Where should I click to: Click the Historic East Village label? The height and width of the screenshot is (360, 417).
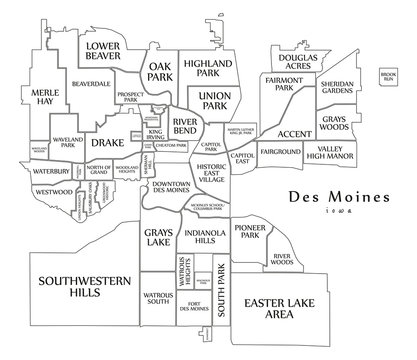coord(211,174)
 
